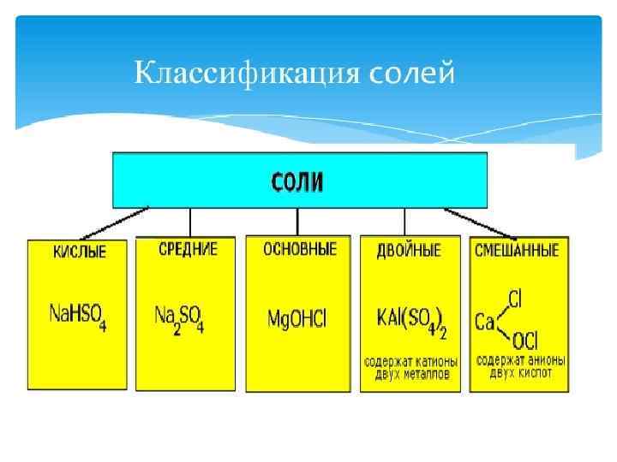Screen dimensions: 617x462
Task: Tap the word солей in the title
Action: [x=415, y=74]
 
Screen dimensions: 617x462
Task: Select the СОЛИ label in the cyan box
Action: [x=299, y=181]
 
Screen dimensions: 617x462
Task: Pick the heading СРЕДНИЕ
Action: [x=188, y=250]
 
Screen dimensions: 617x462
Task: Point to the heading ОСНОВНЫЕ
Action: [x=299, y=250]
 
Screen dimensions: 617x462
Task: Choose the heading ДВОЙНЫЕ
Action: [x=409, y=251]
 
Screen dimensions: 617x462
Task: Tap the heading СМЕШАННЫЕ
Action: [x=517, y=251]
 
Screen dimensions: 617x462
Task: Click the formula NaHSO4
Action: [x=77, y=317]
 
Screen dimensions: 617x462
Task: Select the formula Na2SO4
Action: [x=180, y=319]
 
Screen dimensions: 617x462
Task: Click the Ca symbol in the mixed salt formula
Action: [x=485, y=323]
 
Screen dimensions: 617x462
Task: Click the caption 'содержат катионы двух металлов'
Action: [x=410, y=367]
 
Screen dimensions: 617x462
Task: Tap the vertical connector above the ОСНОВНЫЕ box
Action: [x=297, y=221]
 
